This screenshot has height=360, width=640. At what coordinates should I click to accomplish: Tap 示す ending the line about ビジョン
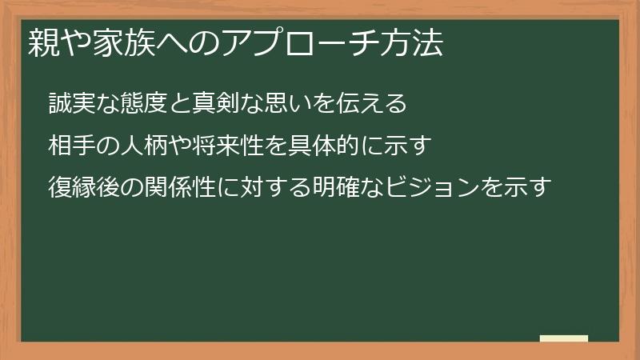[528, 189]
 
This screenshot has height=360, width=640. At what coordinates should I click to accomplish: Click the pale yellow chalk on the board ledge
[563, 338]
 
